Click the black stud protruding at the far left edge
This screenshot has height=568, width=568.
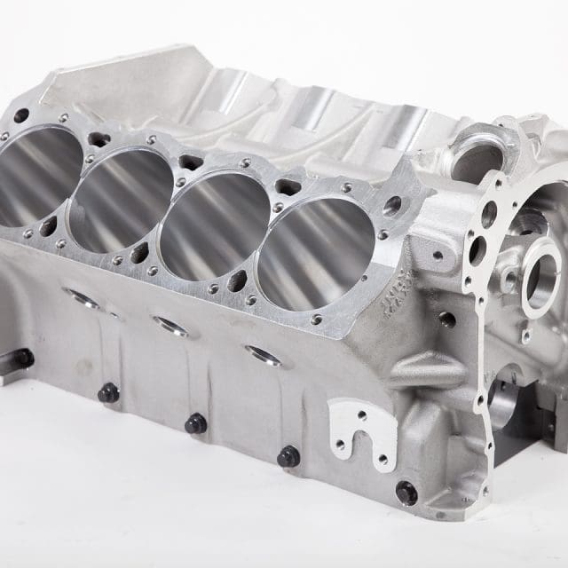tap(19, 359)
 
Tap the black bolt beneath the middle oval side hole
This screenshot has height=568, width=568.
tap(195, 423)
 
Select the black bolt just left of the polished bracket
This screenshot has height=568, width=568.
tap(288, 457)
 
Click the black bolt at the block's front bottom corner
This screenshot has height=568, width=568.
tap(406, 492)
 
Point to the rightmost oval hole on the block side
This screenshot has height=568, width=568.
tap(264, 356)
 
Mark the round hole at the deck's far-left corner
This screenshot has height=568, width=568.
tap(20, 116)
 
